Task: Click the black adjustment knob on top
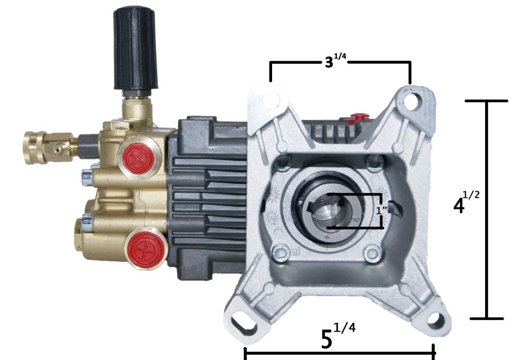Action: point(135,50)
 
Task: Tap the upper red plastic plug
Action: point(140,159)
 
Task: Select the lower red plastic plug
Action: point(145,249)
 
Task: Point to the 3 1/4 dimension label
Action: point(335,61)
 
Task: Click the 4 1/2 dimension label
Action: point(466,202)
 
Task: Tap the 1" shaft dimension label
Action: point(381,210)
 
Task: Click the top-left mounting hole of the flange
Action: point(271,100)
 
